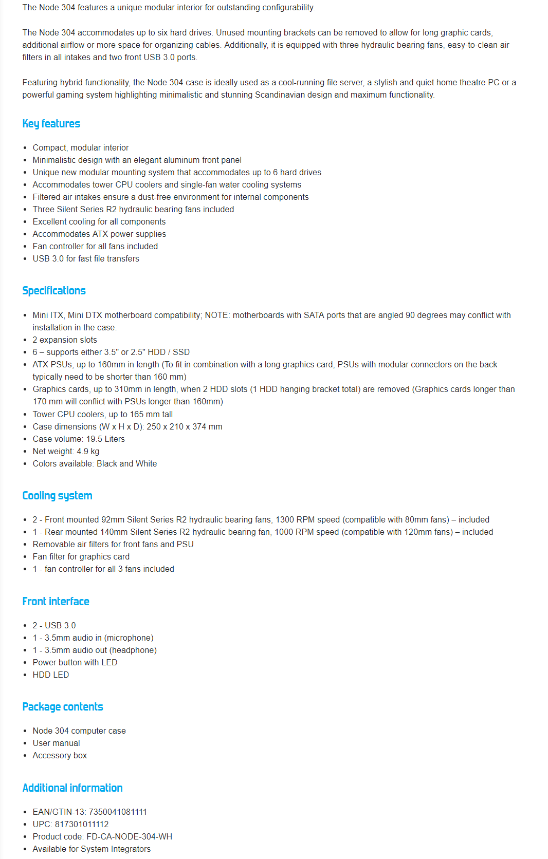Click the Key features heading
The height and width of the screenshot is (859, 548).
click(x=51, y=124)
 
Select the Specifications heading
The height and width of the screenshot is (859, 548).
click(x=54, y=291)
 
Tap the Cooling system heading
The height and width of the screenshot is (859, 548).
click(x=57, y=496)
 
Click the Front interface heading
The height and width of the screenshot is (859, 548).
click(x=56, y=602)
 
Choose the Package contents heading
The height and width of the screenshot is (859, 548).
click(x=63, y=707)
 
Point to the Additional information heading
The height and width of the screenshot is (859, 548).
click(x=72, y=788)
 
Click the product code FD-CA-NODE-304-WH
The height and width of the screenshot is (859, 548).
click(x=129, y=836)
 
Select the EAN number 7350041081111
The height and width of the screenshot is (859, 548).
click(x=118, y=812)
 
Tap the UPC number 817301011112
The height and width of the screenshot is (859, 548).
click(x=82, y=824)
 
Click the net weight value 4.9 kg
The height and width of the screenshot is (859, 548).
click(x=88, y=451)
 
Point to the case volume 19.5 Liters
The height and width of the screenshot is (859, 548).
click(x=105, y=439)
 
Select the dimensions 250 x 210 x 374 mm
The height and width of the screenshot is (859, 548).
click(x=185, y=426)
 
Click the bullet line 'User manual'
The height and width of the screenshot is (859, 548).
click(x=56, y=743)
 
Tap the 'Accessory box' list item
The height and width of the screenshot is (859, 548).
click(x=60, y=755)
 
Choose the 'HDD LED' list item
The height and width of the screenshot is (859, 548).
click(x=50, y=675)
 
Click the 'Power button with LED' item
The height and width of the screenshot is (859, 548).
click(x=75, y=662)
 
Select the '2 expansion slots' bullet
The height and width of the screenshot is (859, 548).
click(x=65, y=340)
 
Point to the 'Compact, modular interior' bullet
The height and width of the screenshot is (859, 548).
click(x=81, y=147)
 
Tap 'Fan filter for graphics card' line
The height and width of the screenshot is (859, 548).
click(x=81, y=556)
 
